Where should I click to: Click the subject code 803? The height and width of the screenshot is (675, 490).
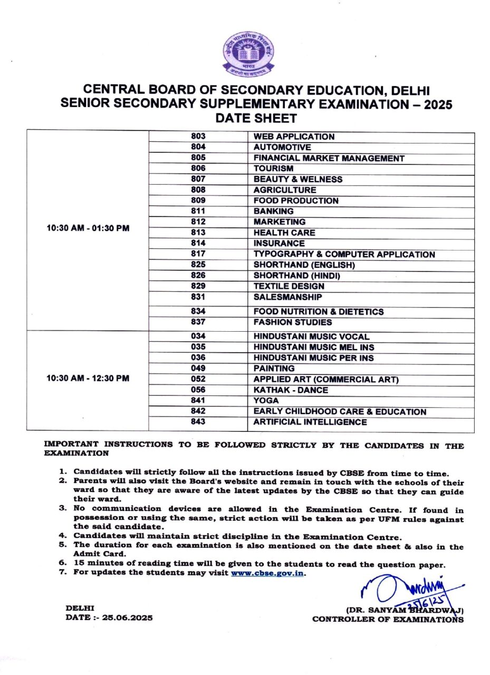[x=198, y=137]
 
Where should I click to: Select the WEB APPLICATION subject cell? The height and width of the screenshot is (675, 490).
[x=294, y=137]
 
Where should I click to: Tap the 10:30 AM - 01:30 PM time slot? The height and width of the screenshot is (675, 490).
[x=88, y=229]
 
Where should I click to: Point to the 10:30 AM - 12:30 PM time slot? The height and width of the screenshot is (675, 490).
[x=88, y=379]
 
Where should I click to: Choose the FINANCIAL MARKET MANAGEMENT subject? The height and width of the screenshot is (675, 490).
[x=329, y=158]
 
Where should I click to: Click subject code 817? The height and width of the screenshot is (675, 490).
[x=198, y=254]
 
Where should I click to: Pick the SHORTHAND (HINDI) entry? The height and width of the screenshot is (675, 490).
[x=297, y=276]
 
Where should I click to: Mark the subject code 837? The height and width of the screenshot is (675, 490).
[x=198, y=322]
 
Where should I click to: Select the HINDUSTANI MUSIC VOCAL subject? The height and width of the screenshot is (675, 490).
[x=311, y=336]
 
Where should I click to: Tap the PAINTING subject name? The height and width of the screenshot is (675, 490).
[x=274, y=369]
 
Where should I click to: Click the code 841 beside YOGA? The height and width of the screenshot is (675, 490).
[x=198, y=401]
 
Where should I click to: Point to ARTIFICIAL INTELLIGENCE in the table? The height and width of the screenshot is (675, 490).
[x=310, y=422]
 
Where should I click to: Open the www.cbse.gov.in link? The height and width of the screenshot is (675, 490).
[x=267, y=573]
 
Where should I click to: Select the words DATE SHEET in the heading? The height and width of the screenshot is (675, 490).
[x=256, y=119]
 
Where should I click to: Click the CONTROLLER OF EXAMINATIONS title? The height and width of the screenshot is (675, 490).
[x=388, y=619]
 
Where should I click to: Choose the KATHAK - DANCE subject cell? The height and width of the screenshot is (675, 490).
[x=291, y=390]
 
